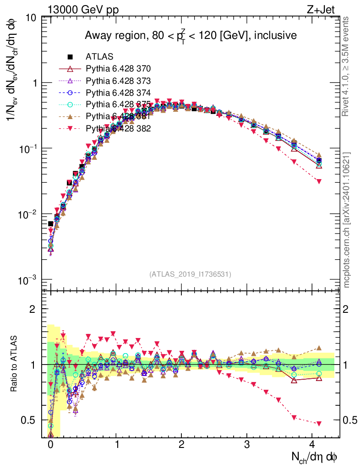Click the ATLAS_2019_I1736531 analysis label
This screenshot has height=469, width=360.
tap(190, 274)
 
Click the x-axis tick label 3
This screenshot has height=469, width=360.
tap(247, 445)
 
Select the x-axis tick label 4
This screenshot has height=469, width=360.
tap(312, 445)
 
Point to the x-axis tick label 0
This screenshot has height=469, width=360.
tap(50, 445)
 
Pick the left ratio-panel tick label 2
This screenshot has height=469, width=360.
tap(33, 309)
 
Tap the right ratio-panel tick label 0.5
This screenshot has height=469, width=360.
tap(350, 420)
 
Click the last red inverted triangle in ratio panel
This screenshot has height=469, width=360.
tap(319, 423)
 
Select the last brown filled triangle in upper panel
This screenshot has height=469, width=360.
tap(319, 155)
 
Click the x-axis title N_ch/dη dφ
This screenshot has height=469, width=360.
tap(315, 457)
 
